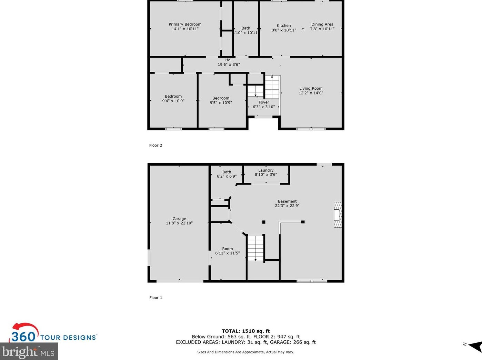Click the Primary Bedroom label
pyautogui.click(x=185, y=24)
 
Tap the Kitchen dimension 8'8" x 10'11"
pyautogui.click(x=283, y=30)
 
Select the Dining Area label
pyautogui.click(x=322, y=24)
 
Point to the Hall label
pyautogui.click(x=229, y=60)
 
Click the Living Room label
pyautogui.click(x=311, y=89)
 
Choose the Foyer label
pyautogui.click(x=264, y=102)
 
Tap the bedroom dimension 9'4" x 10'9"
pyautogui.click(x=173, y=101)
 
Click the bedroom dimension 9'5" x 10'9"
pyautogui.click(x=221, y=103)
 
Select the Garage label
pyautogui.click(x=179, y=219)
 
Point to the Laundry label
pyautogui.click(x=266, y=170)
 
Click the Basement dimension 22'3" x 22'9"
pyautogui.click(x=287, y=206)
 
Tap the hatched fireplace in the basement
pyautogui.click(x=338, y=215)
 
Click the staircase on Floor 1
pyautogui.click(x=255, y=248)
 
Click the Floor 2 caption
pyautogui.click(x=155, y=146)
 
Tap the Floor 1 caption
pyautogui.click(x=155, y=298)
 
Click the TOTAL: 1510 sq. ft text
pyautogui.click(x=245, y=331)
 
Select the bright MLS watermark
pyautogui.click(x=29, y=352)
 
